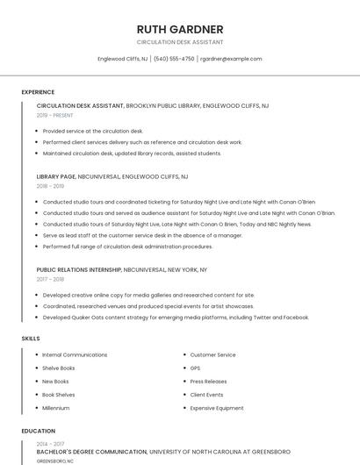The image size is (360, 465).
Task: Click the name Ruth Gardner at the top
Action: [x=180, y=29]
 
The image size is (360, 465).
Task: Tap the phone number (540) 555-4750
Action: [x=174, y=59]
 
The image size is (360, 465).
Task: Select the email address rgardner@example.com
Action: [x=231, y=59]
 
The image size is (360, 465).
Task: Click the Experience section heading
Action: [x=38, y=92]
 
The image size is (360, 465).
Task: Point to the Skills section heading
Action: [x=31, y=338]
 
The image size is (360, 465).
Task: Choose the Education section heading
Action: [x=38, y=431]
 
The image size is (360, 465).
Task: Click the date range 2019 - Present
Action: [x=55, y=115]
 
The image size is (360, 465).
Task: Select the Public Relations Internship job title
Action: [x=79, y=270]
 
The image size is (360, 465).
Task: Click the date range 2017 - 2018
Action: [x=51, y=280]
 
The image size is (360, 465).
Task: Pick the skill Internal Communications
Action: [x=75, y=354]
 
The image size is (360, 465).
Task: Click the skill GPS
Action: [x=195, y=368]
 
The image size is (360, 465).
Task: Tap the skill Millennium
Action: [x=55, y=408]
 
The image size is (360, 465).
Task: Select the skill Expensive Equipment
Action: [x=217, y=408]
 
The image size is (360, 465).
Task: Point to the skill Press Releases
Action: [x=208, y=382]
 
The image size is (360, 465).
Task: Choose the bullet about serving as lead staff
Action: [x=142, y=235]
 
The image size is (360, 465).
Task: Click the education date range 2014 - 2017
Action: [x=51, y=444]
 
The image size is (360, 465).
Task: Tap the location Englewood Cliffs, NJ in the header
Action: [x=122, y=59]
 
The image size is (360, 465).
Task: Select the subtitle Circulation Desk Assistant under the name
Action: [x=180, y=42]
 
